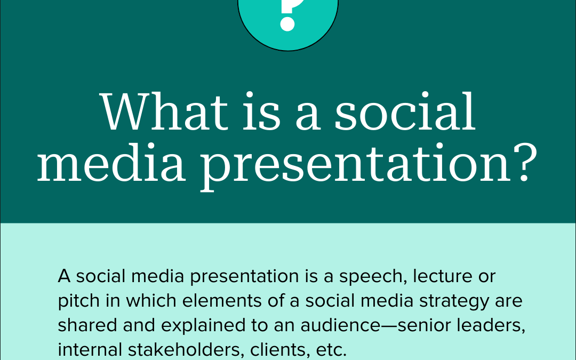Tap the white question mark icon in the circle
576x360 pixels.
[x=290, y=15]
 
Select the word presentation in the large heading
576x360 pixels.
[x=356, y=165]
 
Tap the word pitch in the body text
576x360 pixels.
[x=79, y=301]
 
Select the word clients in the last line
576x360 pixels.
[x=278, y=350]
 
